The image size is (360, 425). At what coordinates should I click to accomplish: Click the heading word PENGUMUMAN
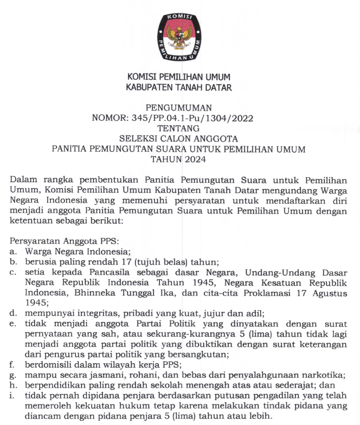[x=179, y=108]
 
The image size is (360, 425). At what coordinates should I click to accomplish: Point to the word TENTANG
[x=178, y=128]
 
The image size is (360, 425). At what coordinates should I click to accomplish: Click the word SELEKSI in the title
[x=138, y=139]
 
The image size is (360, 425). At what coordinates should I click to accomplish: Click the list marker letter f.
[x=12, y=364]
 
